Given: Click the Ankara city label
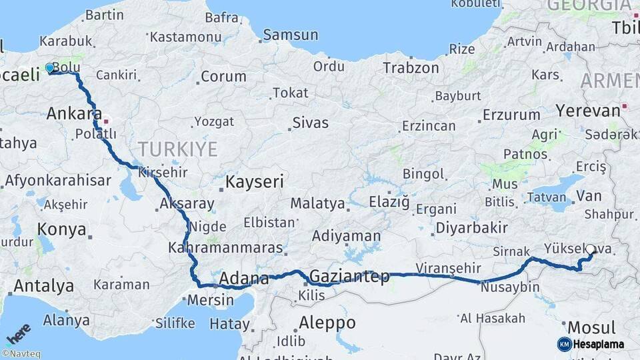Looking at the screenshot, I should [73, 113].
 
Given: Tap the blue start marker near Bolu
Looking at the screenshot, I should [49, 68].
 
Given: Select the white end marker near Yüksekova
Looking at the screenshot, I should [590, 249].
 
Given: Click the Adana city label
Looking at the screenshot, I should [243, 279].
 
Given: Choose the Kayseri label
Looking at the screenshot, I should [254, 181].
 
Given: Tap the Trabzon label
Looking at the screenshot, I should [411, 68].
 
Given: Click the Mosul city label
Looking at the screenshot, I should [591, 327].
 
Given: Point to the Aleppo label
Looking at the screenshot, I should [327, 323].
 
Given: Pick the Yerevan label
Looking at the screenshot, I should [579, 110].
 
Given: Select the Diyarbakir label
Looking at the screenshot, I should [471, 227].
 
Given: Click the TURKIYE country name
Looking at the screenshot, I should [177, 148].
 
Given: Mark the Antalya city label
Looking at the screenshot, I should [44, 286].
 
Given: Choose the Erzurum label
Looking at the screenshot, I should [511, 115].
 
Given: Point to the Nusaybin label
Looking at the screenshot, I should [509, 287].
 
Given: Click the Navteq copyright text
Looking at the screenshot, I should [21, 354].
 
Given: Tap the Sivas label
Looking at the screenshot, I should [310, 123].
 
